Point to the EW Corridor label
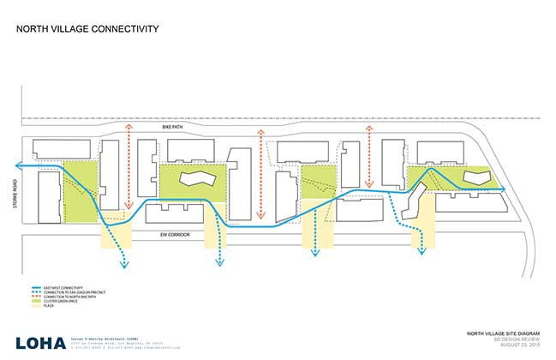point(171,233)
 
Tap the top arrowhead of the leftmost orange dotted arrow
point(129,125)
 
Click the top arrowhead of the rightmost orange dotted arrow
point(368,125)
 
